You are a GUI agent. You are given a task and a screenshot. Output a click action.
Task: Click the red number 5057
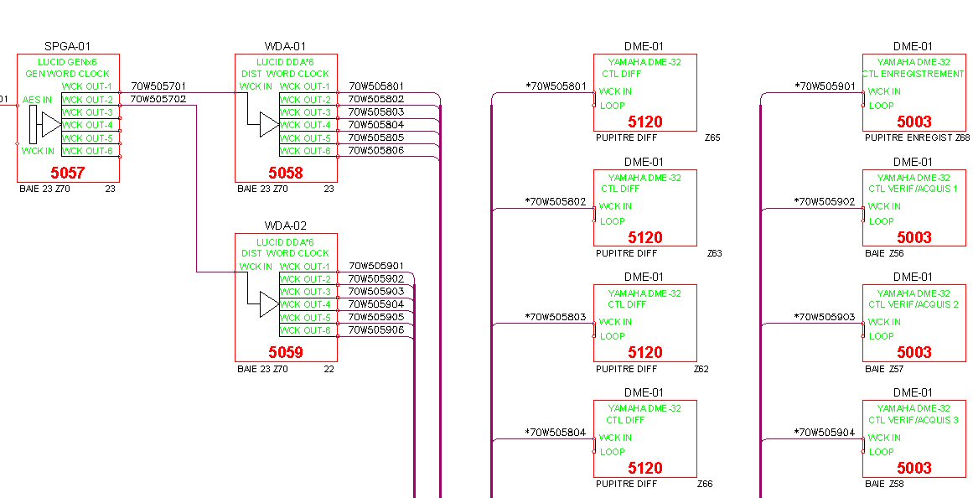pos(68,173)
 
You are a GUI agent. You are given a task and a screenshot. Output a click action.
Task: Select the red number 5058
pos(286,173)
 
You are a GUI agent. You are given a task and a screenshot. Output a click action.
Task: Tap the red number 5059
pos(286,352)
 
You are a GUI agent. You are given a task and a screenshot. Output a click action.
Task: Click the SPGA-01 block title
pos(67,46)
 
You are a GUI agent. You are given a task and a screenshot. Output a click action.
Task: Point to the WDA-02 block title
pos(286,226)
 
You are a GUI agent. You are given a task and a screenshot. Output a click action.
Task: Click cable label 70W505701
pos(158,86)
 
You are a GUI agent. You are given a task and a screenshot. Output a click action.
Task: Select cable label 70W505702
pos(158,99)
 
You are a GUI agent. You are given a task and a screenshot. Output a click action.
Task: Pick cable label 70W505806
pos(376,151)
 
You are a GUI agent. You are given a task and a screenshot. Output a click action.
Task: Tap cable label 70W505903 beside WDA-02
pos(376,291)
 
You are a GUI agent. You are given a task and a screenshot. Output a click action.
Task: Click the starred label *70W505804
pos(556,433)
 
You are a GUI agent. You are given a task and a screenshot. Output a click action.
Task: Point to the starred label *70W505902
pos(825,202)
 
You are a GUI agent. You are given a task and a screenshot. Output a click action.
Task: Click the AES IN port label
pos(37,100)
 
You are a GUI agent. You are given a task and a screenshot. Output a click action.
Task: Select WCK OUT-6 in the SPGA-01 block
pos(87,151)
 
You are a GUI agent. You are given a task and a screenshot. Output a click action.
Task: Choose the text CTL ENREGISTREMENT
pos(913,74)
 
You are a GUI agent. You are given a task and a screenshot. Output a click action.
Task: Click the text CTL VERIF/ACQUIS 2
pos(913,304)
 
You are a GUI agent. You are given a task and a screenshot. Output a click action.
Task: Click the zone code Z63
pos(714,253)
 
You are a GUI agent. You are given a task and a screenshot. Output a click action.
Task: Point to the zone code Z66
pos(705,484)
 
